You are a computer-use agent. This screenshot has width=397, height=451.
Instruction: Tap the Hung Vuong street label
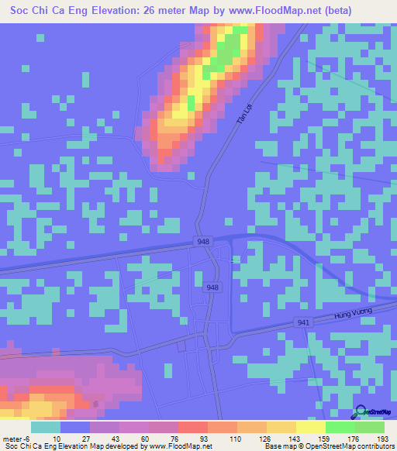(x=353, y=314)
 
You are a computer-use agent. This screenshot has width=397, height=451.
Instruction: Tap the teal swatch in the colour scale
(x=46, y=427)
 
